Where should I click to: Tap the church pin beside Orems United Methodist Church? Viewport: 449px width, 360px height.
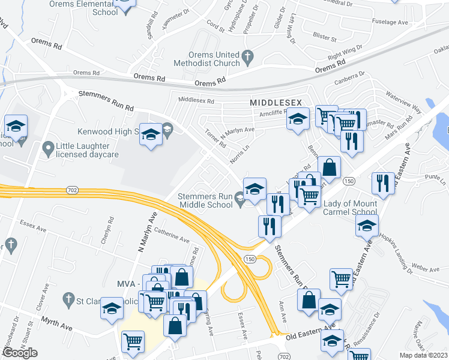click(247, 58)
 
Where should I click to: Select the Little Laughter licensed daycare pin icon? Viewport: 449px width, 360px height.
click(48, 146)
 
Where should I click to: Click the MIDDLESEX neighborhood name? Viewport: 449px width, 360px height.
click(276, 103)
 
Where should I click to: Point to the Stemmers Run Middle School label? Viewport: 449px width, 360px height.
click(205, 200)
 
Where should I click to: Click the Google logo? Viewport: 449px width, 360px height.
click(20, 353)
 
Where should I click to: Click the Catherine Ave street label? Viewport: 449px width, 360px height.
click(172, 238)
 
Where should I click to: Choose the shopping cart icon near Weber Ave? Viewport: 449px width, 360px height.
click(341, 278)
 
